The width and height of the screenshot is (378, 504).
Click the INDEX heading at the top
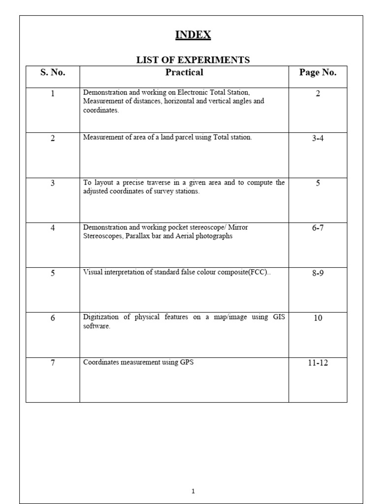click(193, 35)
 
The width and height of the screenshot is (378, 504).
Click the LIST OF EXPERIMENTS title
click(193, 60)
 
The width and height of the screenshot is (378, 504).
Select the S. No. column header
click(53, 72)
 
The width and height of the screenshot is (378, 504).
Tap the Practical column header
click(184, 72)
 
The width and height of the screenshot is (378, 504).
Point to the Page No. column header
click(318, 72)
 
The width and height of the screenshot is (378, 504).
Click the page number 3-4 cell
click(318, 138)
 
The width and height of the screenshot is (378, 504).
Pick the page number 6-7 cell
click(318, 228)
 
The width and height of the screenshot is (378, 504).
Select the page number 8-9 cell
click(318, 273)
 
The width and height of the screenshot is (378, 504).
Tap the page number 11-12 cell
click(318, 363)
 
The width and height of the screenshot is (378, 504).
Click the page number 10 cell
click(318, 318)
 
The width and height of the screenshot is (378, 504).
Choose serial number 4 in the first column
click(53, 228)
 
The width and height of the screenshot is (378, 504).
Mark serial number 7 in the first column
click(53, 363)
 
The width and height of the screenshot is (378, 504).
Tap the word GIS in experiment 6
click(278, 317)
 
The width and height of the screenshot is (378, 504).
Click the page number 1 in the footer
click(193, 491)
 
